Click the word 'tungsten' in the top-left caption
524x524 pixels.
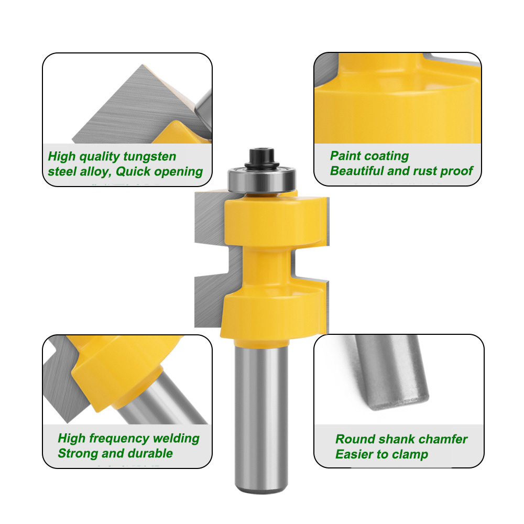(150, 156)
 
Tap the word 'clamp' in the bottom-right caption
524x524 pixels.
(410, 454)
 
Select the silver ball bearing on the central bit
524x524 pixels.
(261, 180)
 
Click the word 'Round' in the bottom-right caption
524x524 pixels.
(355, 439)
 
